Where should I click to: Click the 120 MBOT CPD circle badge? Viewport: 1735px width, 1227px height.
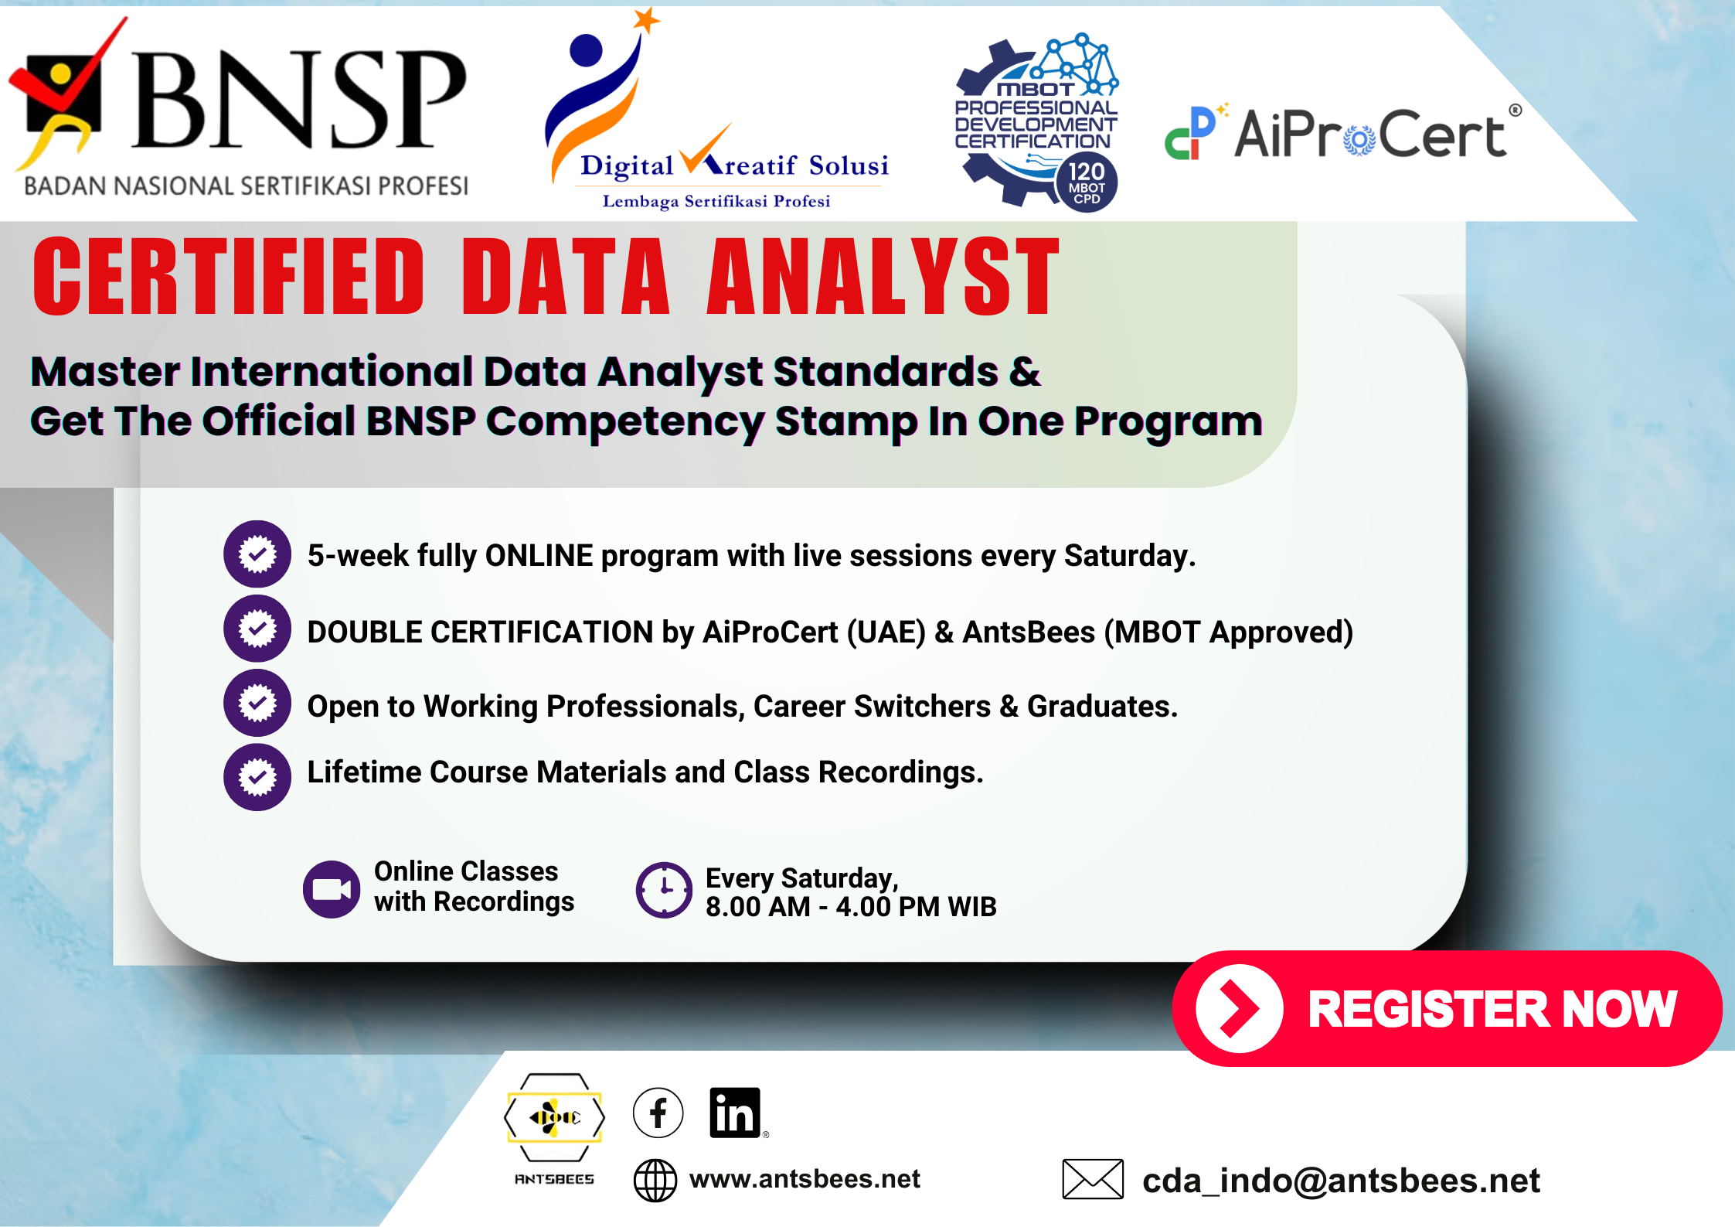tap(1086, 183)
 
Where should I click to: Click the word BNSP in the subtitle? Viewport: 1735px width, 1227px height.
tap(421, 422)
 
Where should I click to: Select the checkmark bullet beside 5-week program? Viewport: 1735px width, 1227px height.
tap(257, 554)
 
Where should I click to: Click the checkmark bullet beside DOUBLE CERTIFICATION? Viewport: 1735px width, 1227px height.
tap(257, 629)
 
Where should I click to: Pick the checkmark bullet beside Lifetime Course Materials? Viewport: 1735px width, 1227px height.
tap(257, 777)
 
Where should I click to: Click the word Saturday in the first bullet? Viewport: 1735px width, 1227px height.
tap(1128, 556)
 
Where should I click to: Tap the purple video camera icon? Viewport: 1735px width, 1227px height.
tap(332, 889)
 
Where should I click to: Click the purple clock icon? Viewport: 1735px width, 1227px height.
tap(664, 890)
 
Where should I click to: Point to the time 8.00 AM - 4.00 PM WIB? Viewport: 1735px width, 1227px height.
tap(850, 907)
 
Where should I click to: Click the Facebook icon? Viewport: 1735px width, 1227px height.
tap(658, 1113)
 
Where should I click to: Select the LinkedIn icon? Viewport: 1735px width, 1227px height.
tap(735, 1113)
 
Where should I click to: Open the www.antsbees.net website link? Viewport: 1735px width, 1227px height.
tap(804, 1179)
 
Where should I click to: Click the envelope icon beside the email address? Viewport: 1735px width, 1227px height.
tap(1093, 1179)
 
